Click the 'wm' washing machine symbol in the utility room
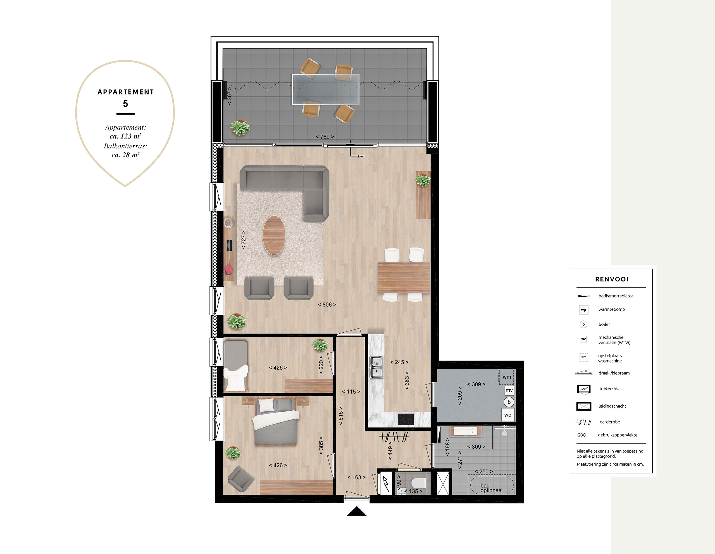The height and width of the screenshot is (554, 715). pyautogui.click(x=506, y=377)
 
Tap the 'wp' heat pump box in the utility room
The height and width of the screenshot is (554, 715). pyautogui.click(x=508, y=415)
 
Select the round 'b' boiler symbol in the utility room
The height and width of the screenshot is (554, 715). pyautogui.click(x=509, y=402)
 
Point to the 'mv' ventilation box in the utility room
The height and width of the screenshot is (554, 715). pyautogui.click(x=509, y=390)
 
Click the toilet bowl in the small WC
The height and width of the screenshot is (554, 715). pyautogui.click(x=418, y=483)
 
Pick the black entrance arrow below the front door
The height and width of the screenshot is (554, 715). pyautogui.click(x=357, y=511)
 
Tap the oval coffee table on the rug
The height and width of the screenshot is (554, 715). pyautogui.click(x=274, y=235)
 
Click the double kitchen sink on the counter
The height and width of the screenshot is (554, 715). pyautogui.click(x=376, y=367)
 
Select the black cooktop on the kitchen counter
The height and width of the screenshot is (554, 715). pyautogui.click(x=406, y=419)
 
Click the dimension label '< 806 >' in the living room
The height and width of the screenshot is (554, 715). pyautogui.click(x=327, y=305)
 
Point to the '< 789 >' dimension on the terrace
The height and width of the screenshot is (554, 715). pyautogui.click(x=325, y=137)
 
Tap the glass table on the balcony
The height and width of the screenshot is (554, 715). pyautogui.click(x=326, y=89)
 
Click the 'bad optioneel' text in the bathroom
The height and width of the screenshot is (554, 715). pyautogui.click(x=491, y=488)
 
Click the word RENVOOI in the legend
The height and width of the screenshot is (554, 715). pyautogui.click(x=612, y=279)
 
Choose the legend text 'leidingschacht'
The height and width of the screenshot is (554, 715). pyautogui.click(x=612, y=406)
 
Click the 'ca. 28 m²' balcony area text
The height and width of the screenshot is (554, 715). pyautogui.click(x=126, y=155)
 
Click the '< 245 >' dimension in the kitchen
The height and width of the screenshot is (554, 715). pyautogui.click(x=399, y=362)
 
